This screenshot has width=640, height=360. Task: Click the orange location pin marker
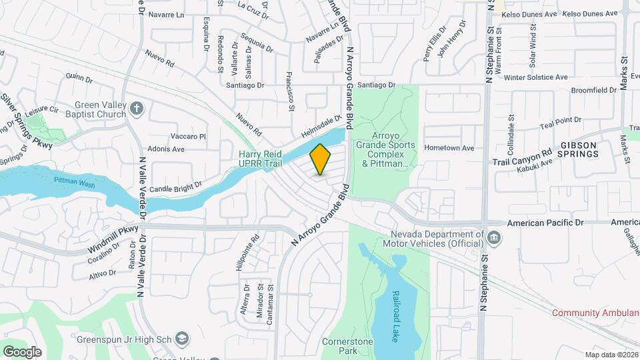[321, 159]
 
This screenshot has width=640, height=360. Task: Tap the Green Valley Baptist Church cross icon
[137, 108]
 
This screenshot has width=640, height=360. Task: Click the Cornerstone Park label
[341, 345]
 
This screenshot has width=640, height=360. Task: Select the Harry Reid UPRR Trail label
[260, 158]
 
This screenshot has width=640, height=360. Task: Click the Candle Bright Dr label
[175, 189]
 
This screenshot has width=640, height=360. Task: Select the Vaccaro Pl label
[188, 136]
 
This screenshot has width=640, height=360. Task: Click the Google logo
[22, 351]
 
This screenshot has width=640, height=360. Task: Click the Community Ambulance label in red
[595, 313]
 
